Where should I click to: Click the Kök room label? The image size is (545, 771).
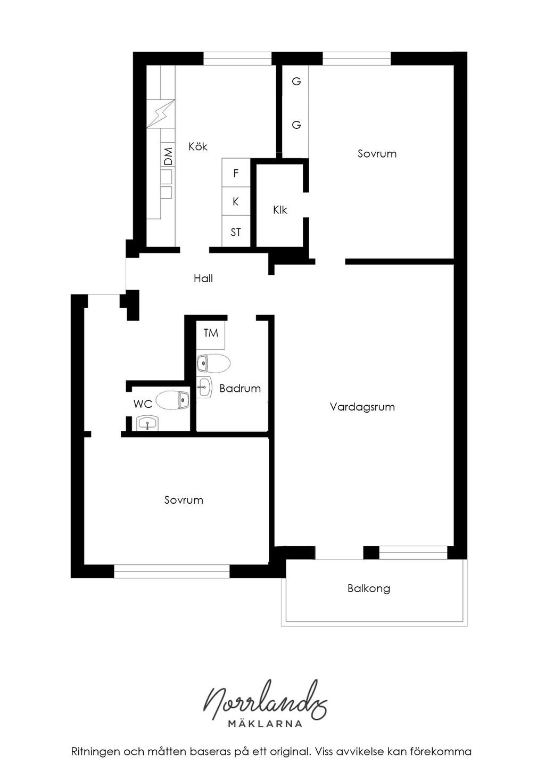[x=198, y=146]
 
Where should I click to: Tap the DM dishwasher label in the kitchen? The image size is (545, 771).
[x=168, y=156]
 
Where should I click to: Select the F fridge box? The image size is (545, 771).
[x=236, y=173]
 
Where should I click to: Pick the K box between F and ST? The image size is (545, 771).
[x=236, y=201]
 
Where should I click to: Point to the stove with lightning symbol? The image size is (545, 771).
[x=161, y=114]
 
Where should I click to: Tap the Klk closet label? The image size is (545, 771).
[x=280, y=210]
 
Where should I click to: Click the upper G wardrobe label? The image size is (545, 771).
[x=296, y=81]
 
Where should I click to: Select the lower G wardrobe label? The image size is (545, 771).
[x=296, y=125]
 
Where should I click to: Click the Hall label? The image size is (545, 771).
[x=203, y=278]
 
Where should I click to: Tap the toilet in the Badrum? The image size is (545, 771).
[x=213, y=364]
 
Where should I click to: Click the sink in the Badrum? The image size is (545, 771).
[x=204, y=387]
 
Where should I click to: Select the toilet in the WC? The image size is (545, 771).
[x=173, y=400]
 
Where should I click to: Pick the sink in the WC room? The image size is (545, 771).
[x=147, y=423]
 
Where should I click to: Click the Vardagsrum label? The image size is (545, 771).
[x=362, y=407]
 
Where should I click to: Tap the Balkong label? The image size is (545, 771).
[x=369, y=588]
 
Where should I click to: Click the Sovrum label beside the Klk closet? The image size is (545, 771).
[x=377, y=153]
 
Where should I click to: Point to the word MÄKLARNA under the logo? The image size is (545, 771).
[x=265, y=724]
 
